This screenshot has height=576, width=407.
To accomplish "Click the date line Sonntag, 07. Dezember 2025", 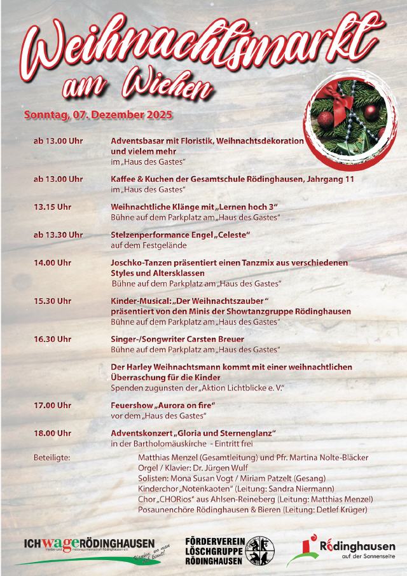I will (98, 116).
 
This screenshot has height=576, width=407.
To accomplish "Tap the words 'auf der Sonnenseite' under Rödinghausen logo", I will (359, 558).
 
